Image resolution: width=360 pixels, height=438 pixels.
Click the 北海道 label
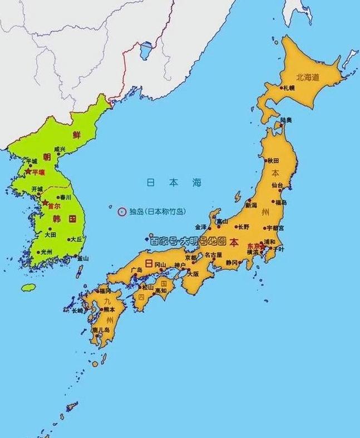tap(308, 78)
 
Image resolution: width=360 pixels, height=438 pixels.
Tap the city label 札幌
tap(288, 88)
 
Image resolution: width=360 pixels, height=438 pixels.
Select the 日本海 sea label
tap(174, 183)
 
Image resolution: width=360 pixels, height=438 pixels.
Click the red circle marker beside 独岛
tap(121, 211)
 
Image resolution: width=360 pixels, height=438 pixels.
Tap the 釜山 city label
tap(82, 259)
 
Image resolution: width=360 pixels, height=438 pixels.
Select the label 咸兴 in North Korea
tap(60, 149)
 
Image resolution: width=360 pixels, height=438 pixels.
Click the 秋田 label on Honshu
tap(273, 160)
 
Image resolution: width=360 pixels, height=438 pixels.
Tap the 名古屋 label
tap(213, 254)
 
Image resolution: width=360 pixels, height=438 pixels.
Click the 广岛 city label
tap(136, 270)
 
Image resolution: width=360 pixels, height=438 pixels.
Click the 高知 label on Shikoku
tap(161, 291)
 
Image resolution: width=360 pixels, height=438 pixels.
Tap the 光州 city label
tap(46, 252)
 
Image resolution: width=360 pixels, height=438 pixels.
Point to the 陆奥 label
tap(286, 120)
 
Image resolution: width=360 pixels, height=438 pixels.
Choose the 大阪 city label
tap(193, 274)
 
